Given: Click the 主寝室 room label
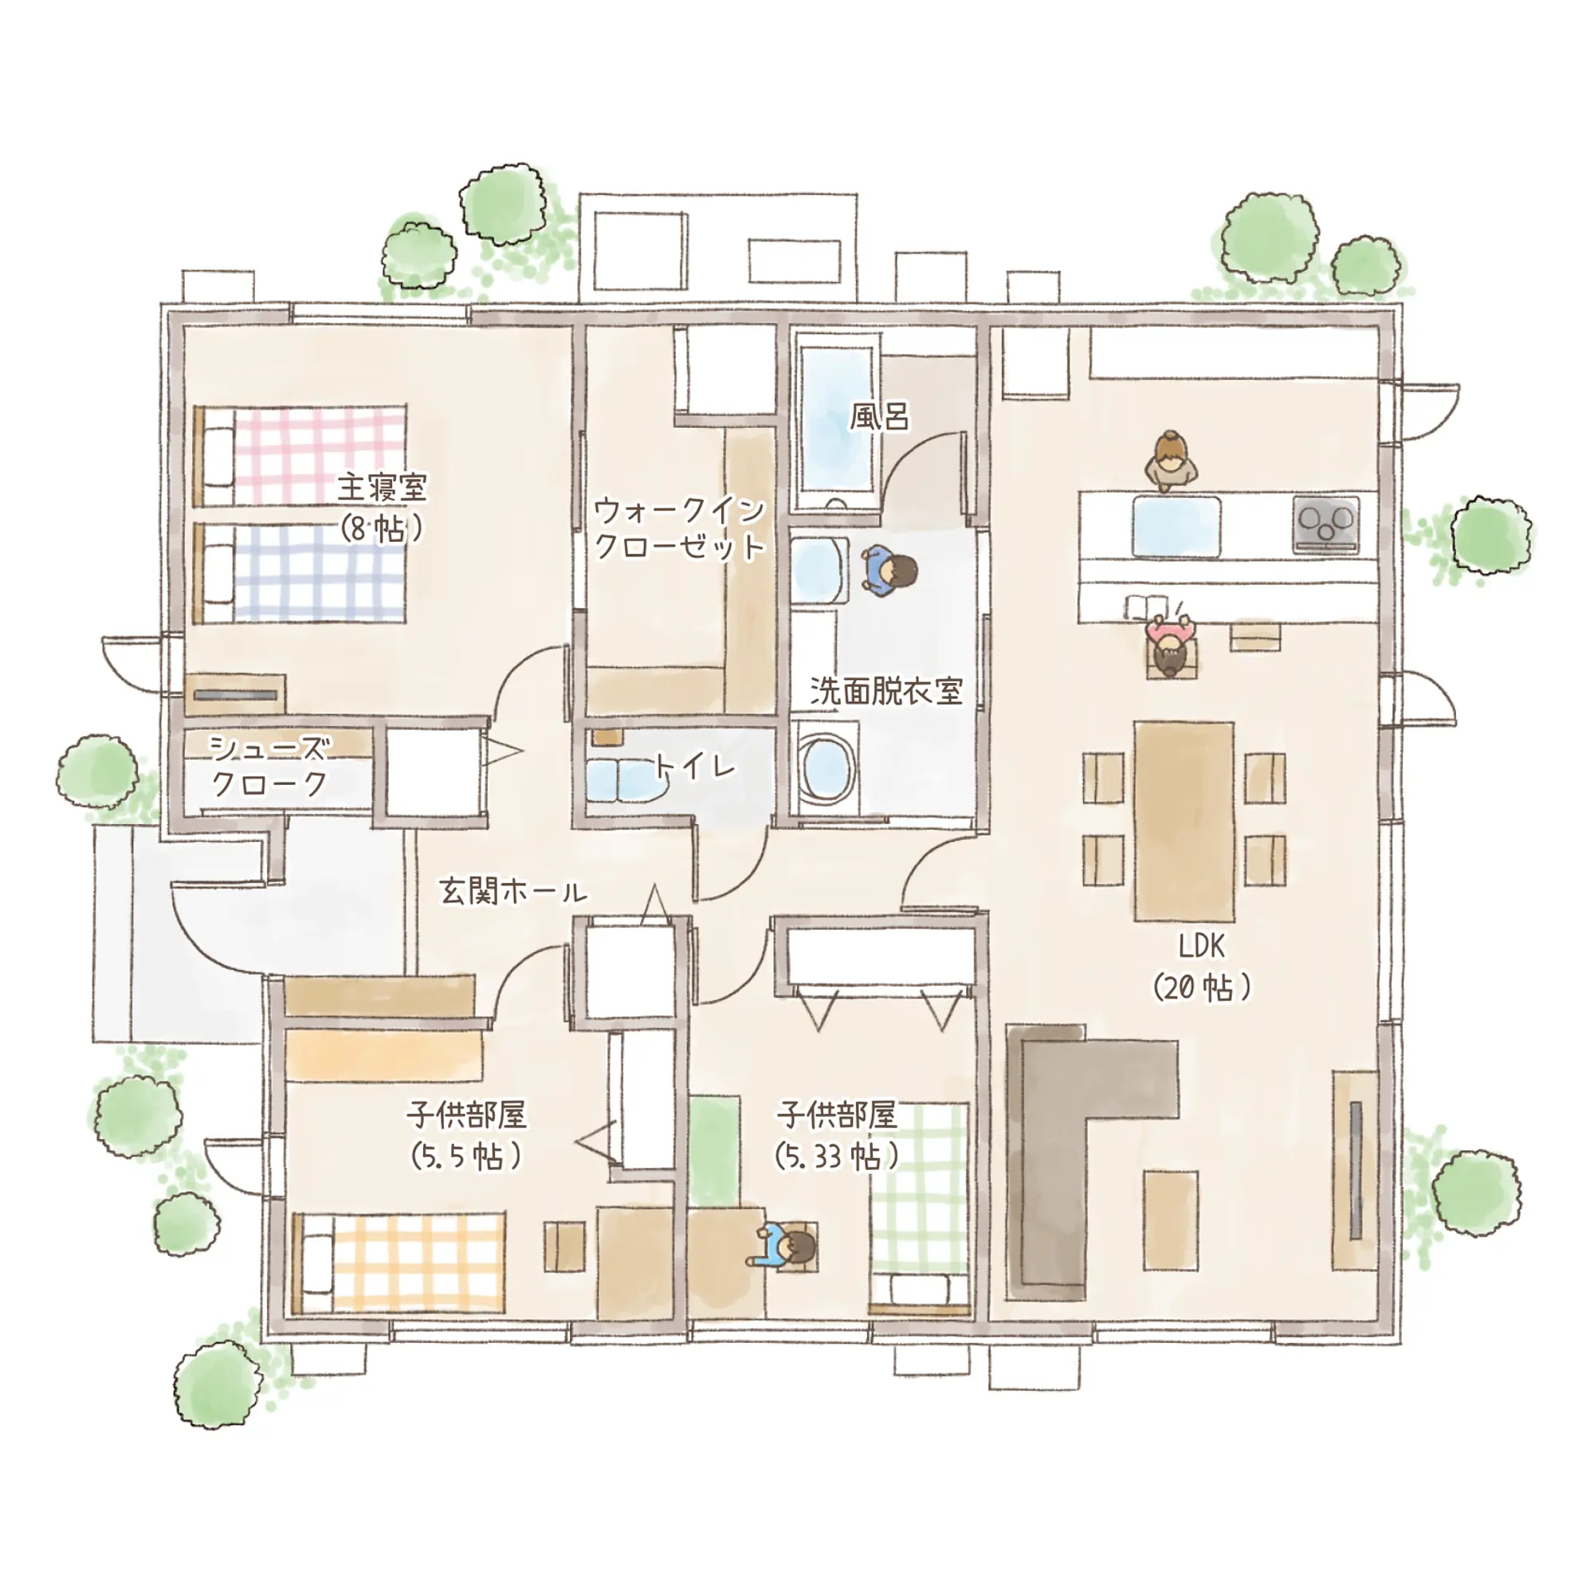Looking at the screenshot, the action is pyautogui.click(x=382, y=488).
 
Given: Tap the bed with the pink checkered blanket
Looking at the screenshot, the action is pyautogui.click(x=300, y=456).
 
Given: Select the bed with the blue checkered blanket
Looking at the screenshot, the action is pyautogui.click(x=300, y=572).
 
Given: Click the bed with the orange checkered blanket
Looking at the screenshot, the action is pyautogui.click(x=398, y=1262).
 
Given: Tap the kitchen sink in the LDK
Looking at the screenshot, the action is pyautogui.click(x=1176, y=526).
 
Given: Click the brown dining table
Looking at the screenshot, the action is pyautogui.click(x=1184, y=821).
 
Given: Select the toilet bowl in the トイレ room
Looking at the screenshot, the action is pyautogui.click(x=627, y=779).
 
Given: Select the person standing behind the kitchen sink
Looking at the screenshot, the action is pyautogui.click(x=1171, y=462).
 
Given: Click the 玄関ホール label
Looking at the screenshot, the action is pyautogui.click(x=513, y=891).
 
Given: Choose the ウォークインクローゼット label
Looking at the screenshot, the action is pyautogui.click(x=680, y=528).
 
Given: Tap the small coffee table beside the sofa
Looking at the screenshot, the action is pyautogui.click(x=1170, y=1220).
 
